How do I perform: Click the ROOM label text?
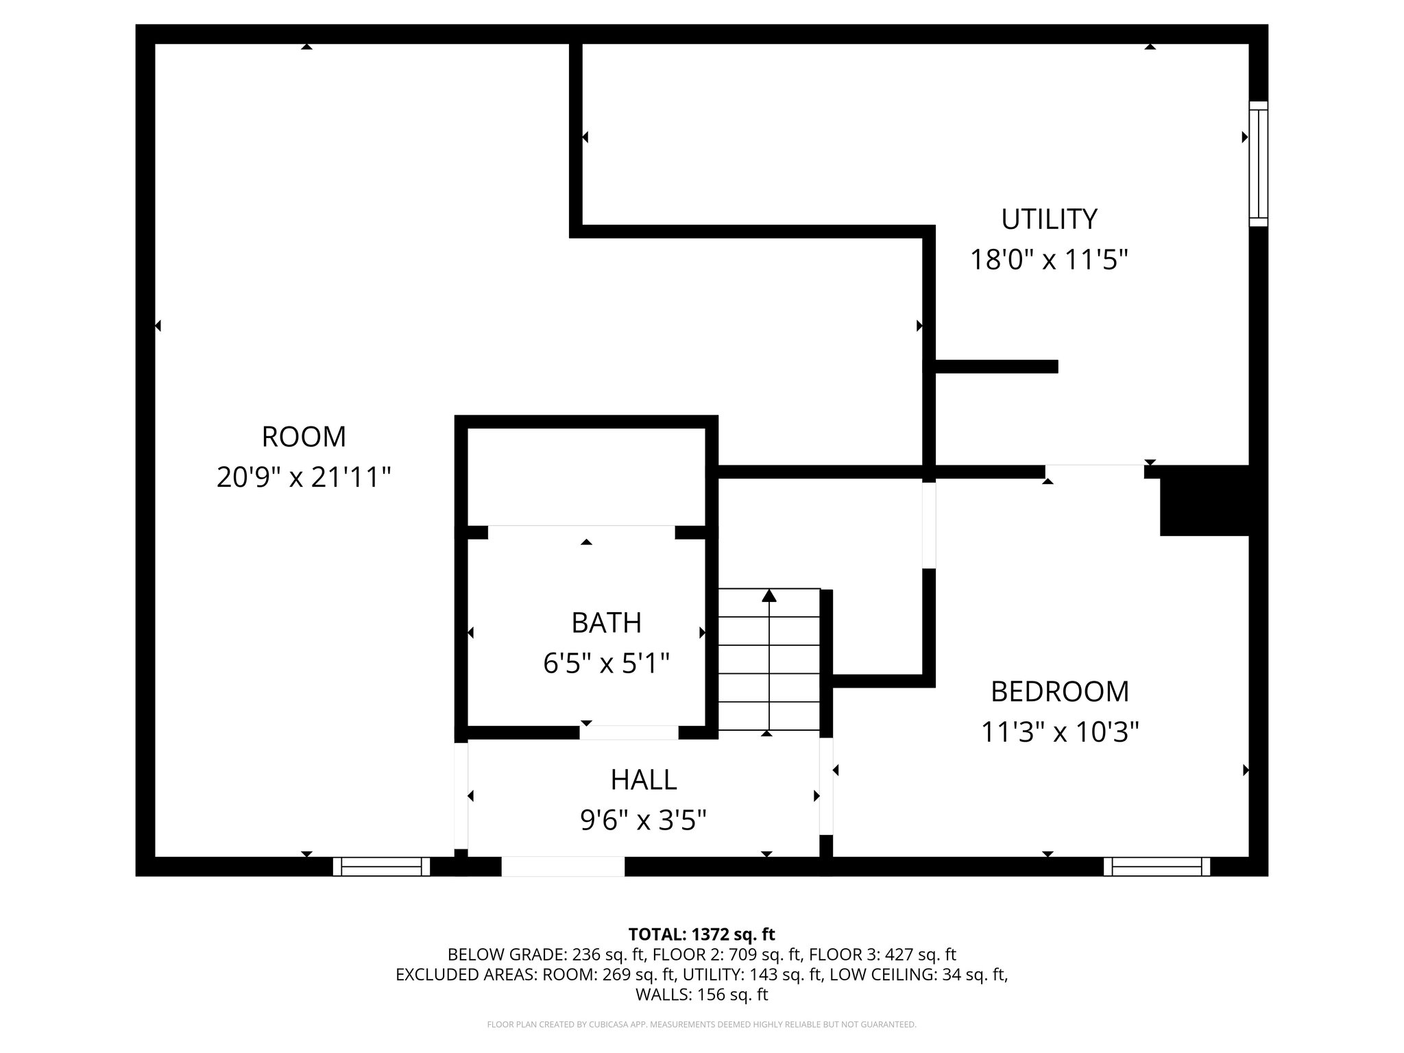pos(304,437)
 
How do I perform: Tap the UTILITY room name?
pos(1049,219)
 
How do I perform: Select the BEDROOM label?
pos(1060,692)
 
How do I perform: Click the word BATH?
pos(607,623)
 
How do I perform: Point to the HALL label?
pos(644,779)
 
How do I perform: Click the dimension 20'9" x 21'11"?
pos(304,477)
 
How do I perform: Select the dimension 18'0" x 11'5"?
pos(1049,260)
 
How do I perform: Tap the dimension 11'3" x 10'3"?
pos(1060,732)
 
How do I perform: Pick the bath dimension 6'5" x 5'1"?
pos(607,664)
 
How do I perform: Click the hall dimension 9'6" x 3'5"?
pos(644,820)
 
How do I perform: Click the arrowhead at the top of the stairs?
pos(769,595)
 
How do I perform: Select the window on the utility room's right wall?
pos(1258,164)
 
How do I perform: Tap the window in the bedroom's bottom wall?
pos(1157,867)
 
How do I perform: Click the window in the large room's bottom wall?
pos(381,867)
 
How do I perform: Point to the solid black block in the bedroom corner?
pos(1205,500)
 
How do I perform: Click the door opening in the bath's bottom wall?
pos(629,732)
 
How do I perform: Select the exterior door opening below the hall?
pos(563,867)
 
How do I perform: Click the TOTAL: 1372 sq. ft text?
pos(701,934)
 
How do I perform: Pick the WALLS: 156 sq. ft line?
pos(701,995)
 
